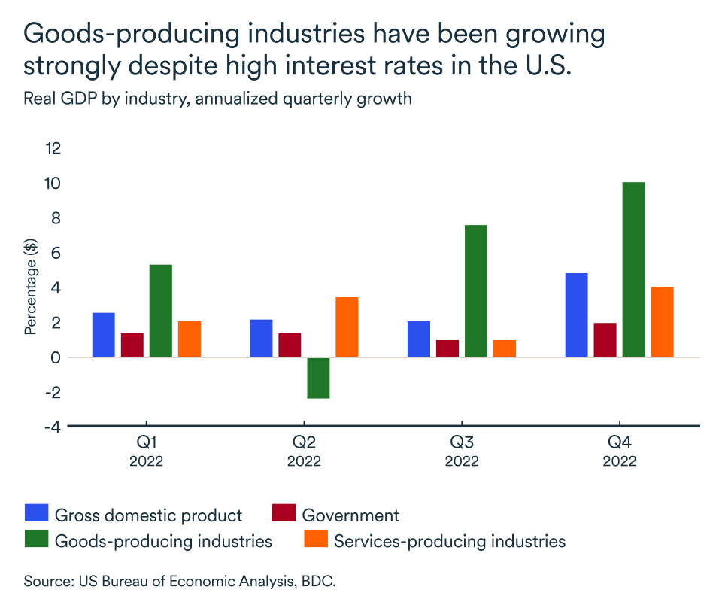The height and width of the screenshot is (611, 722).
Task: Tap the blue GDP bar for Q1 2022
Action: (103, 335)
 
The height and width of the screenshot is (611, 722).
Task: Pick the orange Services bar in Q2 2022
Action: (347, 327)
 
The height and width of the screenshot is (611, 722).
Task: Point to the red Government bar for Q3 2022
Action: (447, 348)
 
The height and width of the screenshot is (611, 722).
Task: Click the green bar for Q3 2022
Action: (476, 291)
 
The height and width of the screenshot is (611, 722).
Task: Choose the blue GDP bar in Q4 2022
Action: (576, 315)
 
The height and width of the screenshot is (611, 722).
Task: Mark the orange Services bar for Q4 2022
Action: (662, 322)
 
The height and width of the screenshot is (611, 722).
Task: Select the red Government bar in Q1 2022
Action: (132, 345)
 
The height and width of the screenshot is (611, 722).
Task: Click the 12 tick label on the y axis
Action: (52, 148)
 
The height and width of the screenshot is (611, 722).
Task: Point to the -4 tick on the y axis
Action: (52, 427)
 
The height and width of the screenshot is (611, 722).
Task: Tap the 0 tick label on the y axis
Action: (56, 357)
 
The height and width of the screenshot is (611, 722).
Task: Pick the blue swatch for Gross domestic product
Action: (36, 515)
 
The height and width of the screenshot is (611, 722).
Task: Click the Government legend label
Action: (350, 515)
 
